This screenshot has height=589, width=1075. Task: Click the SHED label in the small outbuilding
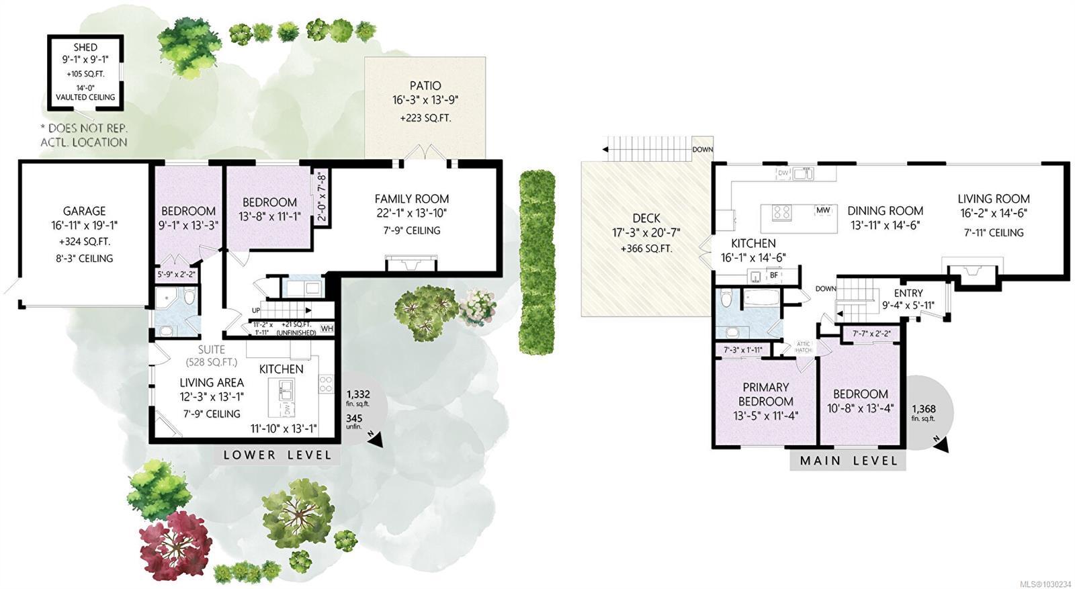[x=85, y=47]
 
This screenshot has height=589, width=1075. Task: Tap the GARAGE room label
[x=84, y=211]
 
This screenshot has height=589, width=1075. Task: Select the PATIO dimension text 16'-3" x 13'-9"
[x=425, y=100]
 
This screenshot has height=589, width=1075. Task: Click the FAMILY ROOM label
[x=411, y=199]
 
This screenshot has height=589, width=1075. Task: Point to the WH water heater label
[x=327, y=328]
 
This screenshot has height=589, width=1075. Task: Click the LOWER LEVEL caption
[x=277, y=455]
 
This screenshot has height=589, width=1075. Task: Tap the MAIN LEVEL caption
[x=849, y=461]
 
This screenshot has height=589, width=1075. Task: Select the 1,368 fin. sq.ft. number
[x=923, y=408]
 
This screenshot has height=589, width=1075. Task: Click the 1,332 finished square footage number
[x=357, y=394]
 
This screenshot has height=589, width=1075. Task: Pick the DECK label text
[x=646, y=218]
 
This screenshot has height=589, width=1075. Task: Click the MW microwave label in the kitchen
[x=823, y=210]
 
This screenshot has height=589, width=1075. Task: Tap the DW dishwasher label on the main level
[x=783, y=173]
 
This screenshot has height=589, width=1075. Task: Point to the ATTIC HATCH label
[x=804, y=347]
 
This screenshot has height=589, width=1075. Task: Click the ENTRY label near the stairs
[x=908, y=293]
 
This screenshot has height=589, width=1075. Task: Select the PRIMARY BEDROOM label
[x=765, y=394]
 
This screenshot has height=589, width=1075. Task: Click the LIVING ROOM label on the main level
[x=993, y=199]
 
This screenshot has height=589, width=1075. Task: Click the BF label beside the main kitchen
[x=774, y=275]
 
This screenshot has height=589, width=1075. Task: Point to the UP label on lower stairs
[x=256, y=310]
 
